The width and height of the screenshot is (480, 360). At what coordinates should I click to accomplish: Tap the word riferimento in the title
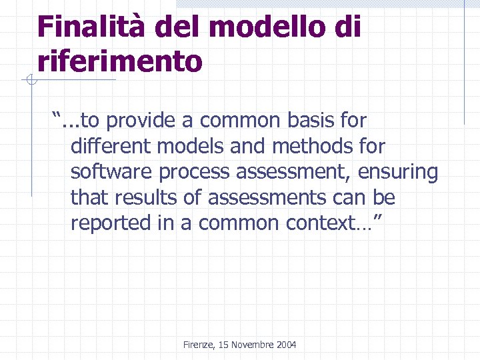coord(120,61)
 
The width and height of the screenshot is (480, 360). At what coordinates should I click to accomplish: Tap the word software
coord(111,172)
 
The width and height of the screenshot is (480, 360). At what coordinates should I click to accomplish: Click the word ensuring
coord(398,172)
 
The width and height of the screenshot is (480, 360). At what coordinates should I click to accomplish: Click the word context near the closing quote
coord(318,223)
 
